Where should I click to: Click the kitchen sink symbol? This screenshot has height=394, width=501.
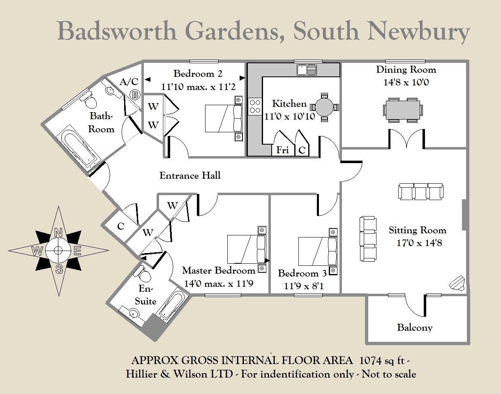[x=307, y=70]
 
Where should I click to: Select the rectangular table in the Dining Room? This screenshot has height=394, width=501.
[x=403, y=110]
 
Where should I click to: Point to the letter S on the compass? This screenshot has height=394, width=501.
[x=59, y=270]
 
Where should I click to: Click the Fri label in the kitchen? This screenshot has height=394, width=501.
[x=282, y=150]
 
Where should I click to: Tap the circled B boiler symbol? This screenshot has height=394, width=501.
[x=134, y=94]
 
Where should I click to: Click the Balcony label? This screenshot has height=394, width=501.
[x=415, y=327]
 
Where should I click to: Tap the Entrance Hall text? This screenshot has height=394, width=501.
[x=190, y=176]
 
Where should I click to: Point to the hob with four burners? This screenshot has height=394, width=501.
[x=255, y=106]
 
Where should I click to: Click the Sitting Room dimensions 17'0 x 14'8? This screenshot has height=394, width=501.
[x=419, y=242]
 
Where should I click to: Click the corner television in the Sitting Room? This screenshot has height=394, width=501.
[x=457, y=283]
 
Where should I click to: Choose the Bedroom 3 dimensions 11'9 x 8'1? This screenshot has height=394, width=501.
[x=304, y=286]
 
